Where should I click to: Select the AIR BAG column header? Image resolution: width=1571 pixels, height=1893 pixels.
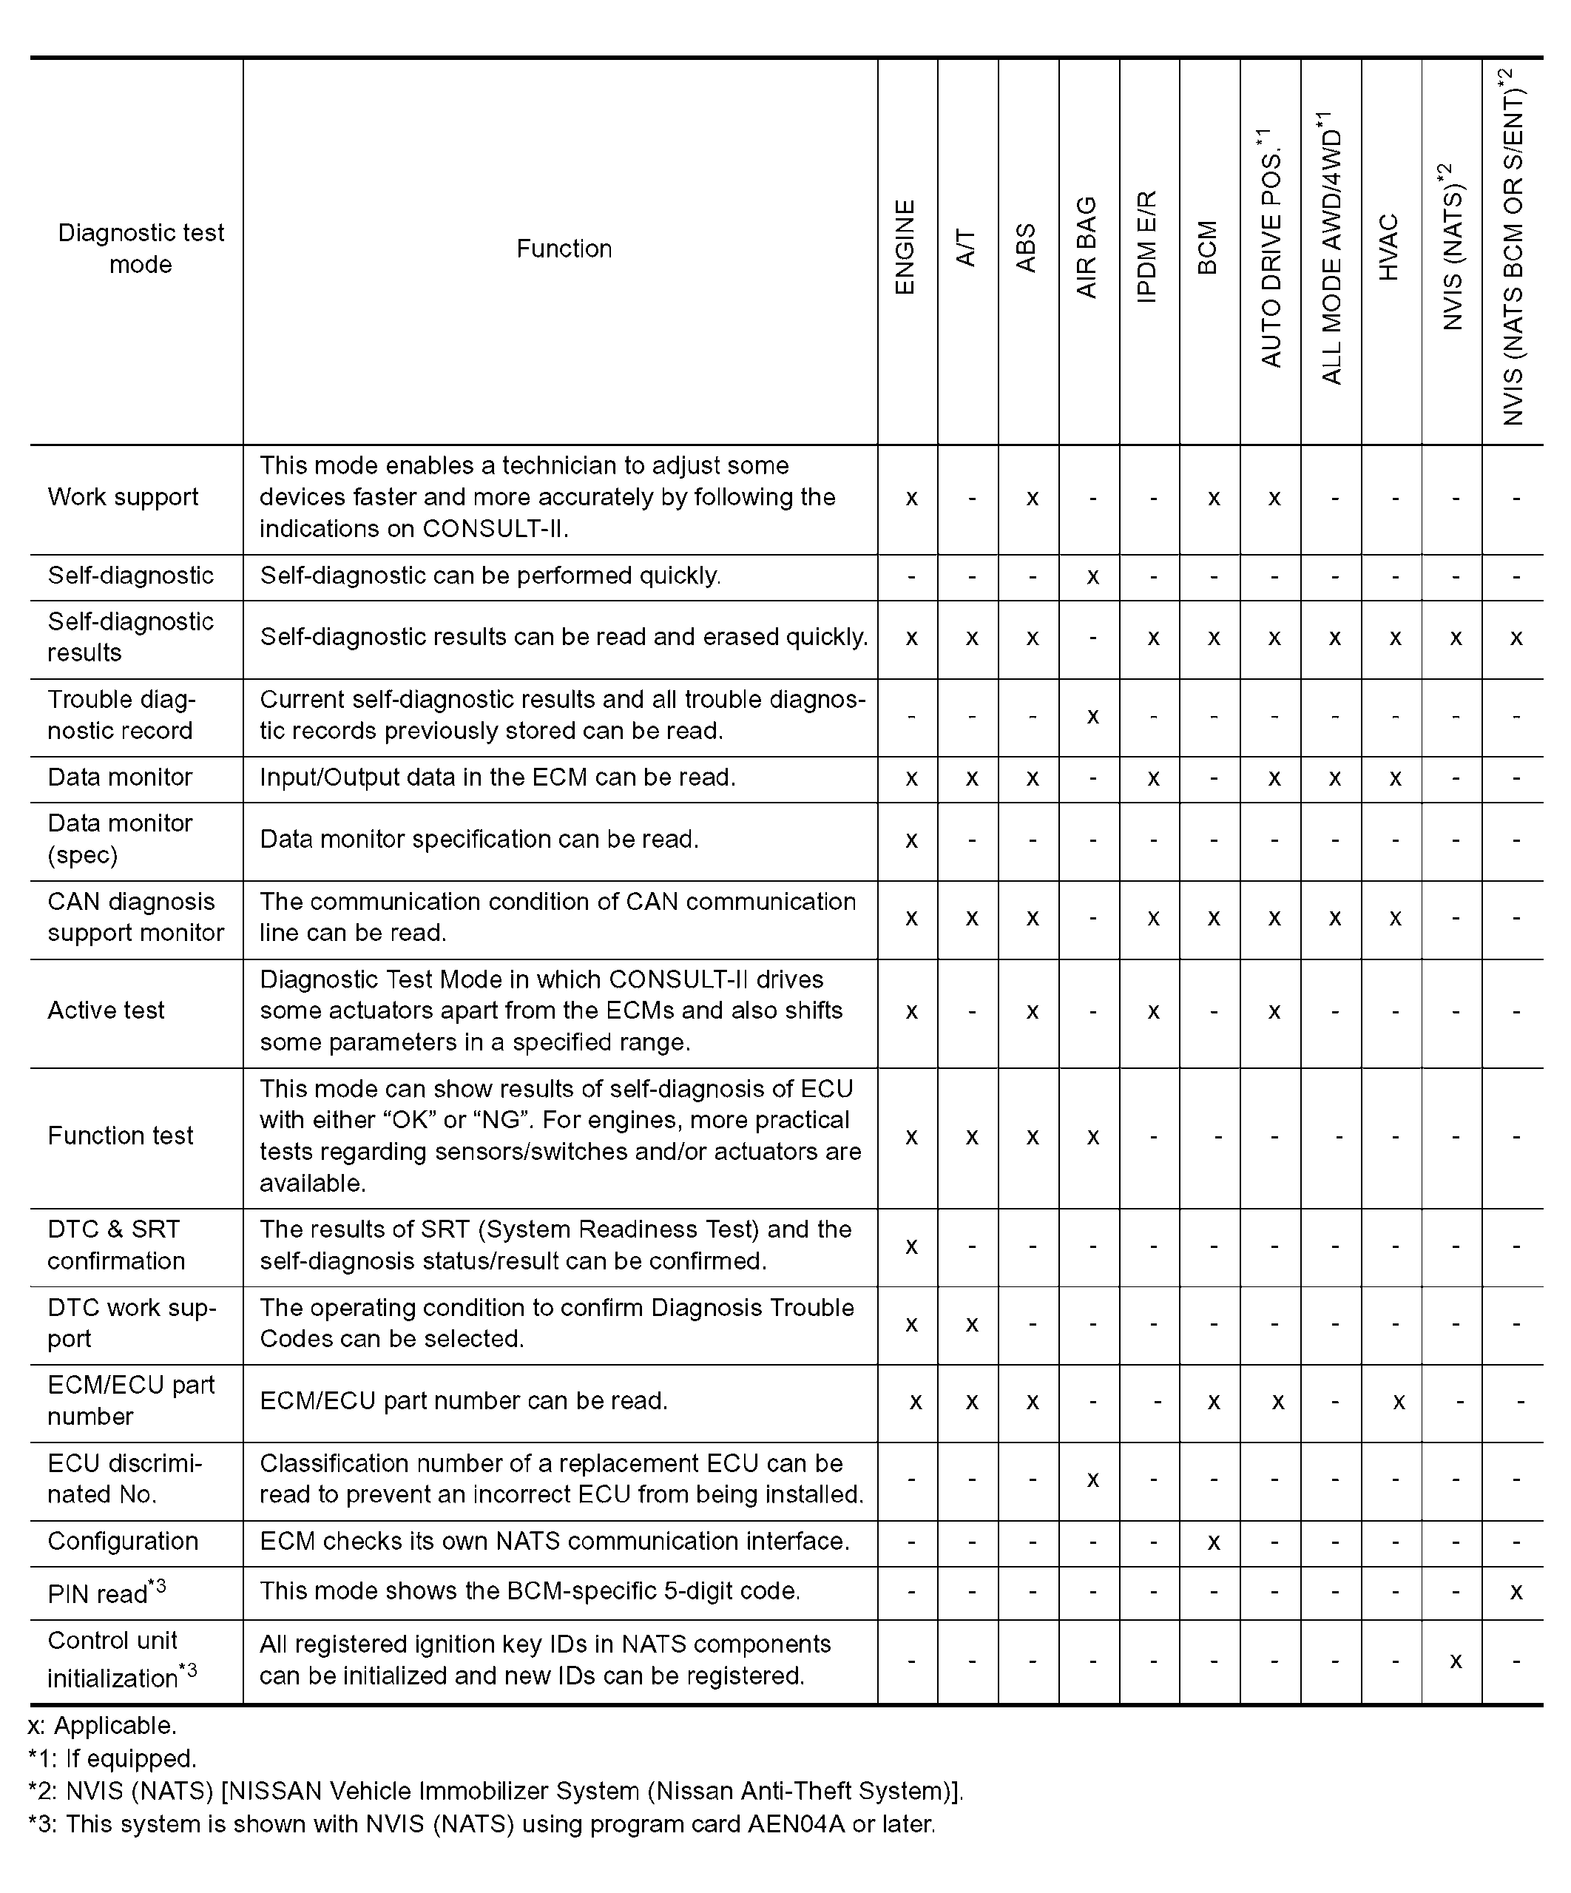coord(1087,247)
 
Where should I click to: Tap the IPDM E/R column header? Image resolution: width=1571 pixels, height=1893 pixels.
coord(1146,247)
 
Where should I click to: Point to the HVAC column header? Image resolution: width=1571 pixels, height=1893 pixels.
coord(1389,247)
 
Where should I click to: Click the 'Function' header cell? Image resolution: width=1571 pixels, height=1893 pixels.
coord(564,249)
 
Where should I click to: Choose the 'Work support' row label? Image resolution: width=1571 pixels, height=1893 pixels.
coord(123,498)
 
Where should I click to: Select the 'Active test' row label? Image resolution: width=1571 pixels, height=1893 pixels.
coord(106,1010)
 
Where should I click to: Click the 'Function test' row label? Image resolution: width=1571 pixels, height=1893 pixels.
coord(120,1136)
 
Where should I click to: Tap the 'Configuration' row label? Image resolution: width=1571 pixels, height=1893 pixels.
coord(123,1542)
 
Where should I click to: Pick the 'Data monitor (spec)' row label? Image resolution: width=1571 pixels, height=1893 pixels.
coord(119,838)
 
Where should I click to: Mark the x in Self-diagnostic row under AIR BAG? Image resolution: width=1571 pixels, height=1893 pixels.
coord(1092,577)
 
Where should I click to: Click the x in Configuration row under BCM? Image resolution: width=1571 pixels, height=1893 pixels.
coord(1213,1543)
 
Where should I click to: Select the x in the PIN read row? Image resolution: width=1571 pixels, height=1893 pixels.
coord(1516,1593)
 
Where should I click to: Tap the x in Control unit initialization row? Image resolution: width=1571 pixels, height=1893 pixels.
coord(1456,1661)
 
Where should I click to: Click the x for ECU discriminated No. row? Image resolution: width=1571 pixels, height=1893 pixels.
coord(1092,1480)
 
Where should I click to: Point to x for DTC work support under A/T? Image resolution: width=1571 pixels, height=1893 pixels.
coord(972,1325)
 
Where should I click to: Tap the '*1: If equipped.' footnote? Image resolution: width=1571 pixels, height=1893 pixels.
coord(112,1758)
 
